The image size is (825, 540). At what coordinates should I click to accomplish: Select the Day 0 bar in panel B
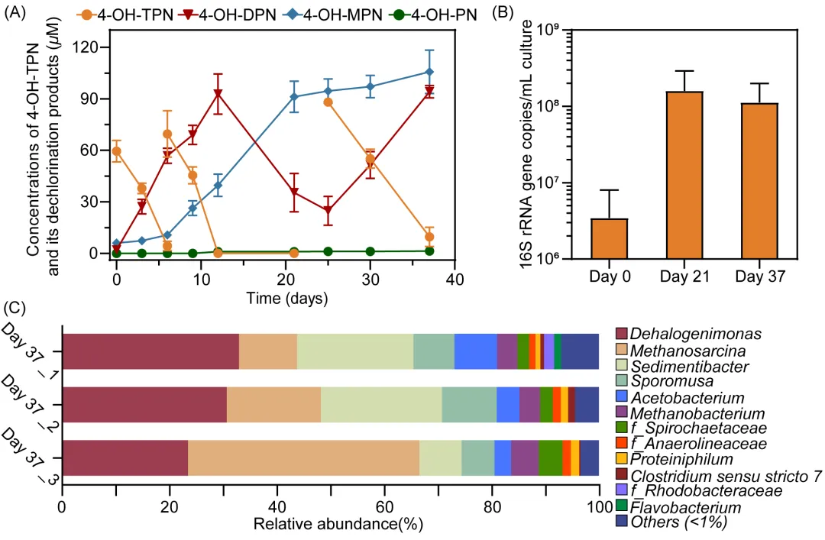click(610, 239)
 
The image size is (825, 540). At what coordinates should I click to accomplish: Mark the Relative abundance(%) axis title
click(329, 525)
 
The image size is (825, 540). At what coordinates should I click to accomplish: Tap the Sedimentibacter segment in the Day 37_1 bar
click(354, 351)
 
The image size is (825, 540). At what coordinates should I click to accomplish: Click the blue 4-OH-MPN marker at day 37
click(429, 72)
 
